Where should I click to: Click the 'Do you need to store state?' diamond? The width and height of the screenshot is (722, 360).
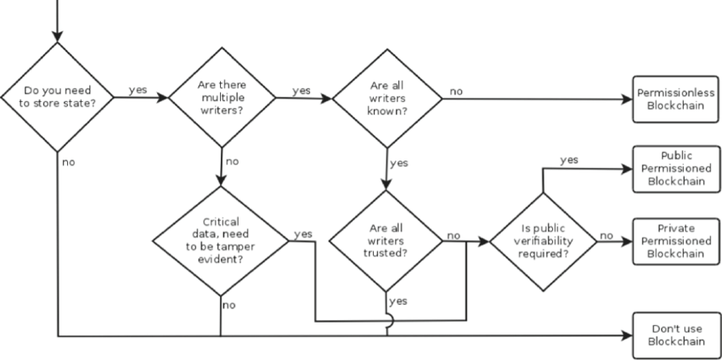[57, 98]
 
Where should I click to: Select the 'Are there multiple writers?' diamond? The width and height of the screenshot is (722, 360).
[223, 98]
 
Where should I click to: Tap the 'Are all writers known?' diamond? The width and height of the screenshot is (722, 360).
[386, 98]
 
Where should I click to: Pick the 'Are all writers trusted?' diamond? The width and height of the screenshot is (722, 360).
[386, 240]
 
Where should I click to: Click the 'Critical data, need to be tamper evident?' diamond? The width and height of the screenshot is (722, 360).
[221, 240]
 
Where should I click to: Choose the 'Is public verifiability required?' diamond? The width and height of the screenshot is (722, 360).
[543, 240]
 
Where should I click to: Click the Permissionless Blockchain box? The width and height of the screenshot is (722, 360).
[675, 98]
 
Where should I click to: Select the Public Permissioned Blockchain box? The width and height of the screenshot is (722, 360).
[675, 169]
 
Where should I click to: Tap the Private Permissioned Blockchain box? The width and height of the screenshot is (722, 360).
[675, 240]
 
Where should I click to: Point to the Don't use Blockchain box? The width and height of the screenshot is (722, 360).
[675, 335]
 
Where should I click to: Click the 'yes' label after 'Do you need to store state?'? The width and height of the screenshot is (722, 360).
[137, 88]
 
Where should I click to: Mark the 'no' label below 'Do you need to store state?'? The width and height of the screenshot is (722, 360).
[68, 161]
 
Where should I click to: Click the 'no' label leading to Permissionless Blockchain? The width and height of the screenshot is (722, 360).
[457, 89]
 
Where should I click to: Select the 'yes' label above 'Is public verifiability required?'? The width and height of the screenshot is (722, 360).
[571, 160]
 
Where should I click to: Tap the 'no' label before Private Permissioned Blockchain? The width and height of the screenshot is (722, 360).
[606, 234]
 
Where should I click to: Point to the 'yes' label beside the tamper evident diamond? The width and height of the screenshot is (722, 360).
[302, 233]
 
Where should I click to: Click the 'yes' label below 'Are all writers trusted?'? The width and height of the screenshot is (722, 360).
[398, 301]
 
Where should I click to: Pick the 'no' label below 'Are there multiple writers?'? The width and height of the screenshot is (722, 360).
[233, 160]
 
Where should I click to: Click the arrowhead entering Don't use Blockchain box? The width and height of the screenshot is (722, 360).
[628, 335]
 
